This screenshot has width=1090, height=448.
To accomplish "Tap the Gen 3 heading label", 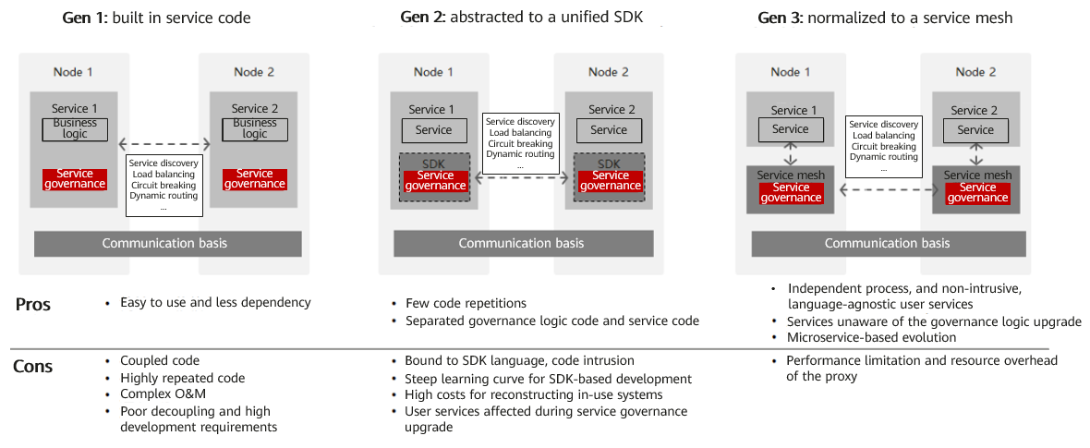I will coord(885,18).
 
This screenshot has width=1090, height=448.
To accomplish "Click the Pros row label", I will coord(33,305).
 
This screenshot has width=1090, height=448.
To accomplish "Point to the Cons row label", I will coord(33,367).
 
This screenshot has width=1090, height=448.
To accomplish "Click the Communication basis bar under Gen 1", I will coord(167,244).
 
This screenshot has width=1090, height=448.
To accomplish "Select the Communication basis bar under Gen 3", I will coord(887,244).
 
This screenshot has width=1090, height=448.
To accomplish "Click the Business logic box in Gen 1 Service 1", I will coord(75,129).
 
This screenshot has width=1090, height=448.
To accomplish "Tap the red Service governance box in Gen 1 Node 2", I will coord(255,179).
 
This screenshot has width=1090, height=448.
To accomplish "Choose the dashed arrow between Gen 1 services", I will coord(164,144).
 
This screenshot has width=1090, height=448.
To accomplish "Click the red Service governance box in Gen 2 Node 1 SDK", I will coord(434,181).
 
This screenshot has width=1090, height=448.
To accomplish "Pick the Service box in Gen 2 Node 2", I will coord(609,130).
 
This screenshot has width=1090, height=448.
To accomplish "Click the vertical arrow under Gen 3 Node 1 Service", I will coord(791,153).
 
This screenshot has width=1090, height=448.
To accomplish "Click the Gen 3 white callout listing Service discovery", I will coord(884,146).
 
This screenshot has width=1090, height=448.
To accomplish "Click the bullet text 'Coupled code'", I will coord(160,361).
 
